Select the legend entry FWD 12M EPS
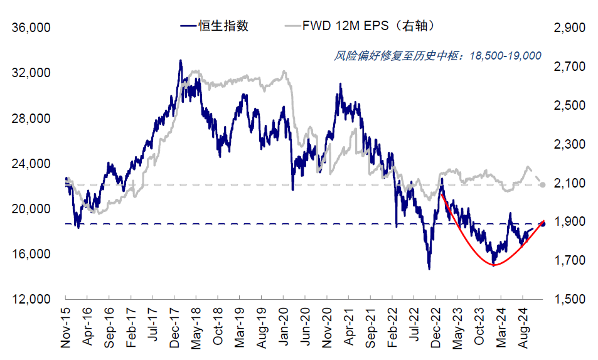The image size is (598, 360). (345, 26)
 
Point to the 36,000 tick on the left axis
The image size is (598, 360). (31, 28)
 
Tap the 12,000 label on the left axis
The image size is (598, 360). (31, 299)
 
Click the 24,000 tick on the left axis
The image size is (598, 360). (31, 164)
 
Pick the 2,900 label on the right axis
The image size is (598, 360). (569, 28)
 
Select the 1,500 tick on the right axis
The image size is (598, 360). (569, 299)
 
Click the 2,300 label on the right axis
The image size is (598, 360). (569, 144)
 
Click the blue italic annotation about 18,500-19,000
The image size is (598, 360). (438, 56)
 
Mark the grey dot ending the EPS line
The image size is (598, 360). (543, 184)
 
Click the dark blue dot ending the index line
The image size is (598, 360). (543, 224)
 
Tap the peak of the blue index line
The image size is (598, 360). (180, 60)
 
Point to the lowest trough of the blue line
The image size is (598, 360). (429, 269)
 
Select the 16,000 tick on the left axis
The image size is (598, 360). (31, 254)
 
